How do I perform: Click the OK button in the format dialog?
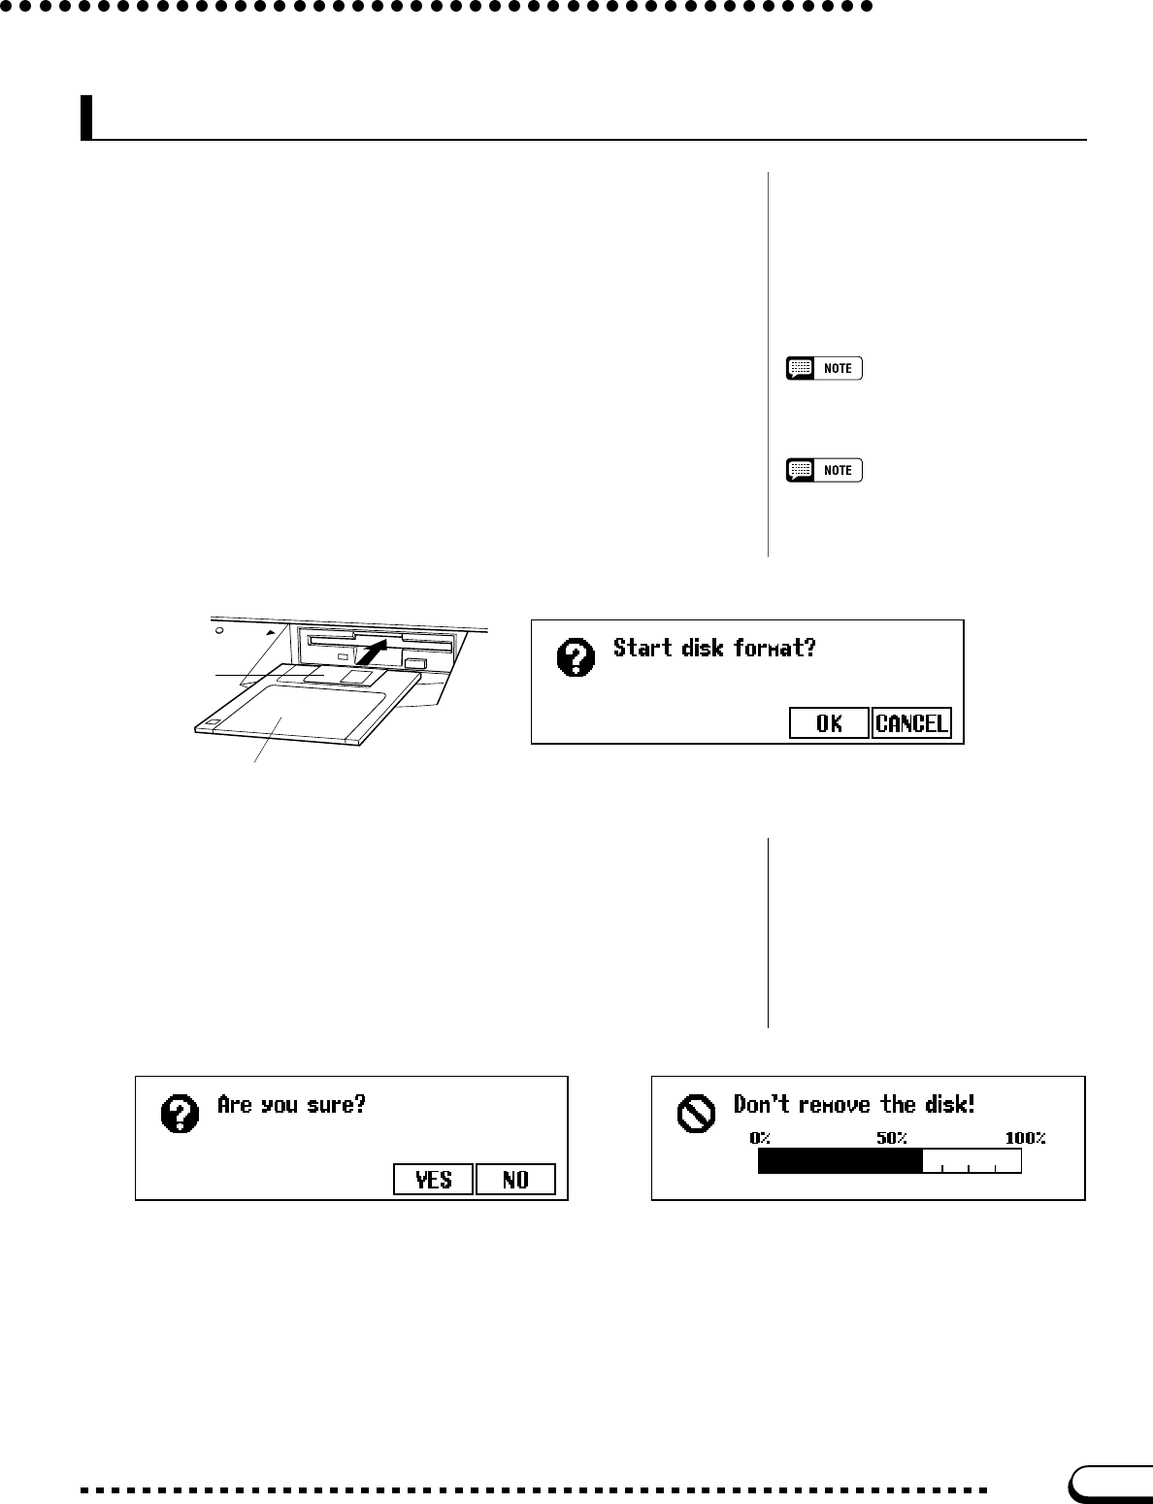tap(829, 723)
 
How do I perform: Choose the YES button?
tap(433, 1180)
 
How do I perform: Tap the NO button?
tap(515, 1180)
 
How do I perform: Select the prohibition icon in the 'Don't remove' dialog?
tap(694, 1115)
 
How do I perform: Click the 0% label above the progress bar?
tap(759, 1138)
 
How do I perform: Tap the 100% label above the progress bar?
tap(1025, 1138)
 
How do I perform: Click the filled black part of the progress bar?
tap(840, 1160)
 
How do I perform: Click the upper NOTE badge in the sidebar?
tap(824, 369)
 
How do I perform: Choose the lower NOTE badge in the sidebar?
tap(824, 471)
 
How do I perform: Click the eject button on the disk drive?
tap(414, 663)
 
